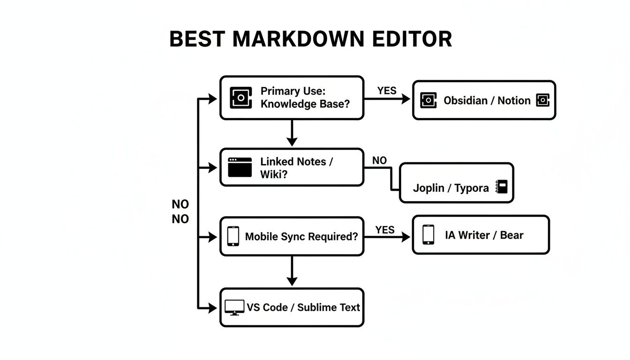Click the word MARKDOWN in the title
(x=298, y=39)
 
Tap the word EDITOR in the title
(x=412, y=39)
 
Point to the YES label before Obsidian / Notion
(x=387, y=90)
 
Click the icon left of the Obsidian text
(x=428, y=100)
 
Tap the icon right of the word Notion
(x=543, y=100)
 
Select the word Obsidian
(x=465, y=100)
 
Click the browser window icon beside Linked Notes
(x=240, y=167)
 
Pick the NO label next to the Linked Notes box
(x=379, y=160)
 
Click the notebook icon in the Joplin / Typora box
(x=502, y=187)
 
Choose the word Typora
(x=472, y=188)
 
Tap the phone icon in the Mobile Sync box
(x=233, y=236)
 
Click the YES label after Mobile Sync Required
(x=385, y=230)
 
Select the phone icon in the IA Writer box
(x=427, y=234)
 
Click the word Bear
(x=511, y=235)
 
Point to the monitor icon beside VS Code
(x=234, y=307)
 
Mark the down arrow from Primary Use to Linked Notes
(x=292, y=133)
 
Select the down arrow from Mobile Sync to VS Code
(x=292, y=271)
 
